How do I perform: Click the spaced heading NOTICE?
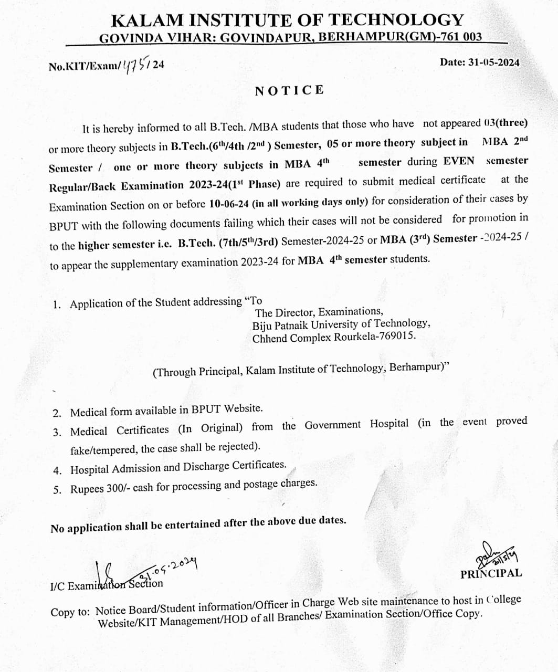click(x=289, y=90)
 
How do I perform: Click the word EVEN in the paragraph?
click(x=459, y=161)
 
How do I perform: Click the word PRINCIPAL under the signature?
click(x=491, y=573)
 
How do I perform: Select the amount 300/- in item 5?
click(x=119, y=488)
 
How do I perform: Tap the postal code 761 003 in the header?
click(x=461, y=37)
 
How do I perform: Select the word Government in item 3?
click(x=333, y=425)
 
